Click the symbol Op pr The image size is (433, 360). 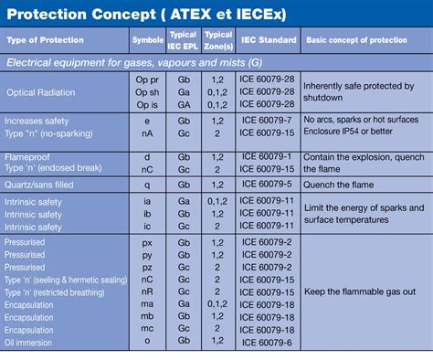click(x=148, y=79)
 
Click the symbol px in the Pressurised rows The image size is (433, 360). click(x=148, y=241)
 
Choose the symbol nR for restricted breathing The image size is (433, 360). click(x=148, y=291)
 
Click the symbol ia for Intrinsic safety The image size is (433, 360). click(x=148, y=200)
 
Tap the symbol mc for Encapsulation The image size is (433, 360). click(x=148, y=329)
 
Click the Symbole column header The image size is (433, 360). click(x=148, y=40)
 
